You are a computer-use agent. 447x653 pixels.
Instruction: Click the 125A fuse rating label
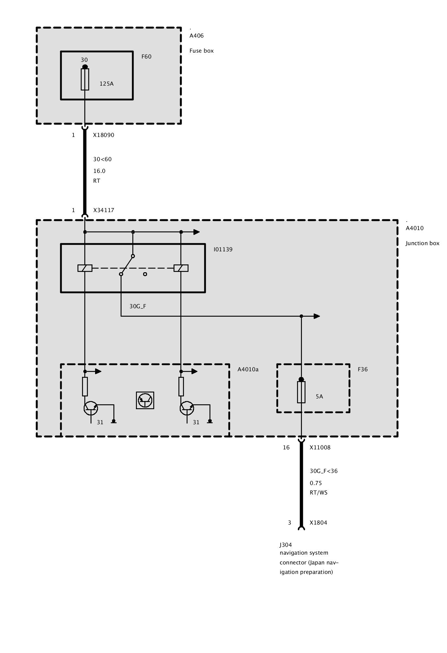(x=107, y=84)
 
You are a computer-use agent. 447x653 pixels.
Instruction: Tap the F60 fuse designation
(x=146, y=57)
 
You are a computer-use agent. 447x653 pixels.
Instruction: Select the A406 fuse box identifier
(x=196, y=36)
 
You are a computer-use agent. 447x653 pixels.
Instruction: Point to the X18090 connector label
(x=104, y=135)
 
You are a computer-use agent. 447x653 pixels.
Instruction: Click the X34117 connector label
(x=104, y=210)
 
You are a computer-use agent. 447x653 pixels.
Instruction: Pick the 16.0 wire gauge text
(x=99, y=171)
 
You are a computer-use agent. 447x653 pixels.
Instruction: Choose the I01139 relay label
(x=223, y=249)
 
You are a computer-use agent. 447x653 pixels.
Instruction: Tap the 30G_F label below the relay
(x=138, y=306)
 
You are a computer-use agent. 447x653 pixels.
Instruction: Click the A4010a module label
(x=248, y=369)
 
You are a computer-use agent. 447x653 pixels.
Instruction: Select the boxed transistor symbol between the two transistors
(x=145, y=400)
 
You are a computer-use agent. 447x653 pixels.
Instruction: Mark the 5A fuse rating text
(x=319, y=396)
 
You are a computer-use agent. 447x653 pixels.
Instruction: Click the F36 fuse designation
(x=363, y=369)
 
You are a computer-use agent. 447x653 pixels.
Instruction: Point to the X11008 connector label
(x=320, y=447)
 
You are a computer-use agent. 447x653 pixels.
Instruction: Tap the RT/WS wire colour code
(x=318, y=492)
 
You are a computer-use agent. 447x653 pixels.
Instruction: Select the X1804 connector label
(x=318, y=523)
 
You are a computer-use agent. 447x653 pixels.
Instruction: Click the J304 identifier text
(x=286, y=545)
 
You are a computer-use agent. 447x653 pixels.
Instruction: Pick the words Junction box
(x=422, y=243)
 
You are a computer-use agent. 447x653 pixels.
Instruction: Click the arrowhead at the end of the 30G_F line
(x=317, y=316)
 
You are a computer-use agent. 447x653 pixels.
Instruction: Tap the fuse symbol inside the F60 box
(x=85, y=79)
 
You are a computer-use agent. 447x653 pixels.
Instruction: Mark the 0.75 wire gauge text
(x=316, y=483)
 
